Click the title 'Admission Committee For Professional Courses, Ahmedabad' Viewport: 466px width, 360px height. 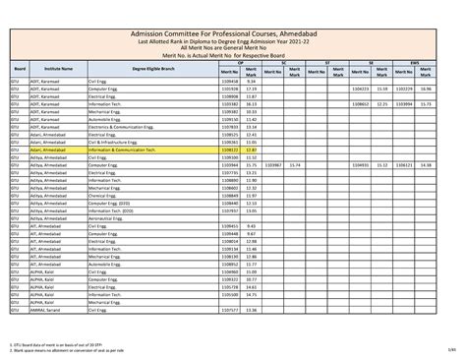(233, 33)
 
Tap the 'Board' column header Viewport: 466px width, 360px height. (20, 71)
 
